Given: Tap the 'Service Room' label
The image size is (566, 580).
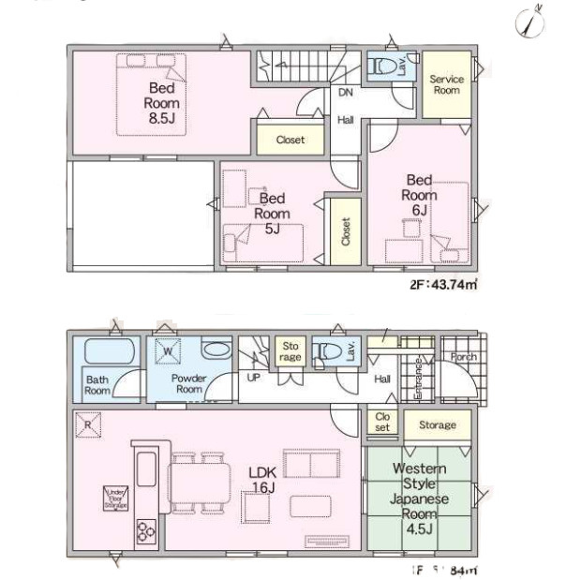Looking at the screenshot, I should (x=446, y=85).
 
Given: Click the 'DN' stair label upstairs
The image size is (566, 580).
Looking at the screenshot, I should (x=345, y=92).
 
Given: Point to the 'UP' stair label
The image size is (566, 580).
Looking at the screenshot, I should (x=252, y=378).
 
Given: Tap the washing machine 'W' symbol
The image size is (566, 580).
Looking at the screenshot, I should (x=169, y=351).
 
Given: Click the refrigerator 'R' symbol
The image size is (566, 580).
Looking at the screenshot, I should (x=87, y=423).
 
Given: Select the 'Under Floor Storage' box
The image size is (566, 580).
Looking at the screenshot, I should (x=115, y=497).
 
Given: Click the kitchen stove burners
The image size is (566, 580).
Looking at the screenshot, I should (x=147, y=531).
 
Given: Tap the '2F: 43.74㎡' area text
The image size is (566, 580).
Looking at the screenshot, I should (x=443, y=285).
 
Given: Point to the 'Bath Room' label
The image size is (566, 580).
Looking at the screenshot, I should (x=97, y=384).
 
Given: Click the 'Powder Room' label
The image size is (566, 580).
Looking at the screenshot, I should (x=189, y=382).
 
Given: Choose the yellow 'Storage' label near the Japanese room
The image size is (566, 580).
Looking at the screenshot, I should (x=437, y=425).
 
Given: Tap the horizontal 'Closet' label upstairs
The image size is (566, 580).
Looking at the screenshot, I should (x=290, y=141).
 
